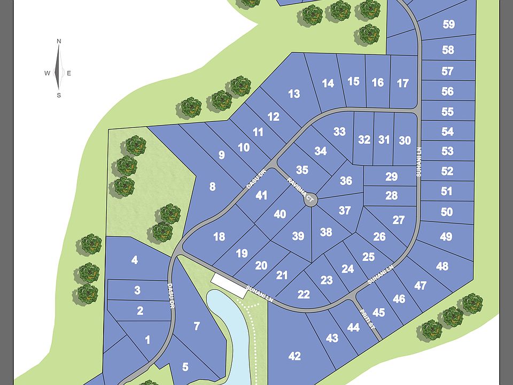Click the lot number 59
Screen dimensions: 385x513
pos(448,24)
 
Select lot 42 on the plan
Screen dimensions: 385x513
pos(294,356)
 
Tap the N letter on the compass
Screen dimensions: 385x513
pos(59,41)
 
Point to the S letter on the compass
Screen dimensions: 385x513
pos(59,95)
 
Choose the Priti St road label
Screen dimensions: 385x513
pos(365,315)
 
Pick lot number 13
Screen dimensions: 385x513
pos(294,94)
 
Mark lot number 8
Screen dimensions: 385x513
pos(213,187)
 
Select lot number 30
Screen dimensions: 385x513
pos(405,140)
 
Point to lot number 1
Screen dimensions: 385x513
pos(147,340)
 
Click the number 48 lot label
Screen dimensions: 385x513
pos(442,266)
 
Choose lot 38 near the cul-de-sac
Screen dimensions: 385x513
pos(326,232)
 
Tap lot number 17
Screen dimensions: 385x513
pos(403,83)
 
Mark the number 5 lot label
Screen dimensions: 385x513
pos(185,367)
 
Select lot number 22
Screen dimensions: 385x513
pos(304,294)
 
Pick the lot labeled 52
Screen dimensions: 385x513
pos(447,171)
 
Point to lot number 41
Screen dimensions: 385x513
pos(261,195)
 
